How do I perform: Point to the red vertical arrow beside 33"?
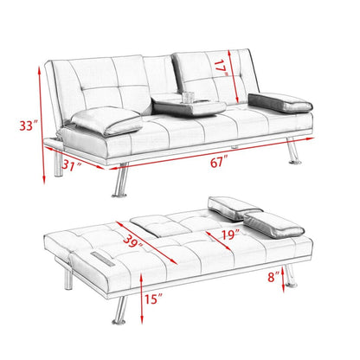(x=39, y=126)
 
